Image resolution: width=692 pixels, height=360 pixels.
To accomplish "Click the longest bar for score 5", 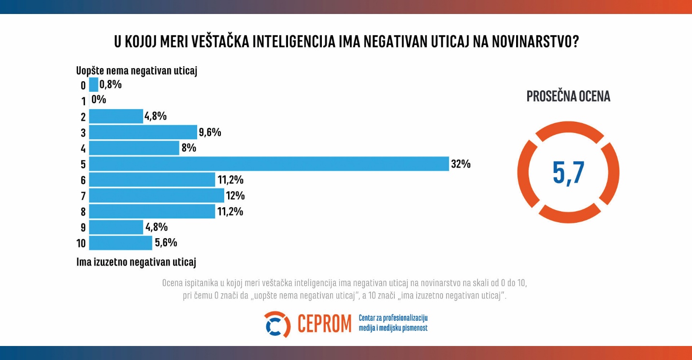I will (269, 164).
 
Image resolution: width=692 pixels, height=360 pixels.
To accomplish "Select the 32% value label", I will (461, 164).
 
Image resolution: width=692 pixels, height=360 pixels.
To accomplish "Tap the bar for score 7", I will (157, 196).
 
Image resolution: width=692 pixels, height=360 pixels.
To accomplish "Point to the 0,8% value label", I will (111, 85).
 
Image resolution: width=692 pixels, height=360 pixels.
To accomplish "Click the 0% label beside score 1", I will (98, 100).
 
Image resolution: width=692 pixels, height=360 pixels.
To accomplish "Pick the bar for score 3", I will (143, 132).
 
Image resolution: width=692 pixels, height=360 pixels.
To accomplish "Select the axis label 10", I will (81, 243).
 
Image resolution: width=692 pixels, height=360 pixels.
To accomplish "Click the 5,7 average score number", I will (568, 173).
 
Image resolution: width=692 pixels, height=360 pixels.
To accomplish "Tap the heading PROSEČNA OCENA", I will (568, 97).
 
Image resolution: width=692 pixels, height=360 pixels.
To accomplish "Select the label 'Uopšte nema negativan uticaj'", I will (137, 71).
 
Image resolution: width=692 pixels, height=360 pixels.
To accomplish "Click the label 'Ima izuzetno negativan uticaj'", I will (136, 262).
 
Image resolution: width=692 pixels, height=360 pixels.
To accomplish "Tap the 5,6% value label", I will (166, 243).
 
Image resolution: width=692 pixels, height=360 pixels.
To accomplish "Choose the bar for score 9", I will (116, 227).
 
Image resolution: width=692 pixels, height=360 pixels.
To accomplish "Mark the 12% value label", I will (235, 196).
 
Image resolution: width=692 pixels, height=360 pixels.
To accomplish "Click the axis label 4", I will (83, 148).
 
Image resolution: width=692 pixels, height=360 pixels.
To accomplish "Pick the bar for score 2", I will (116, 116).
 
